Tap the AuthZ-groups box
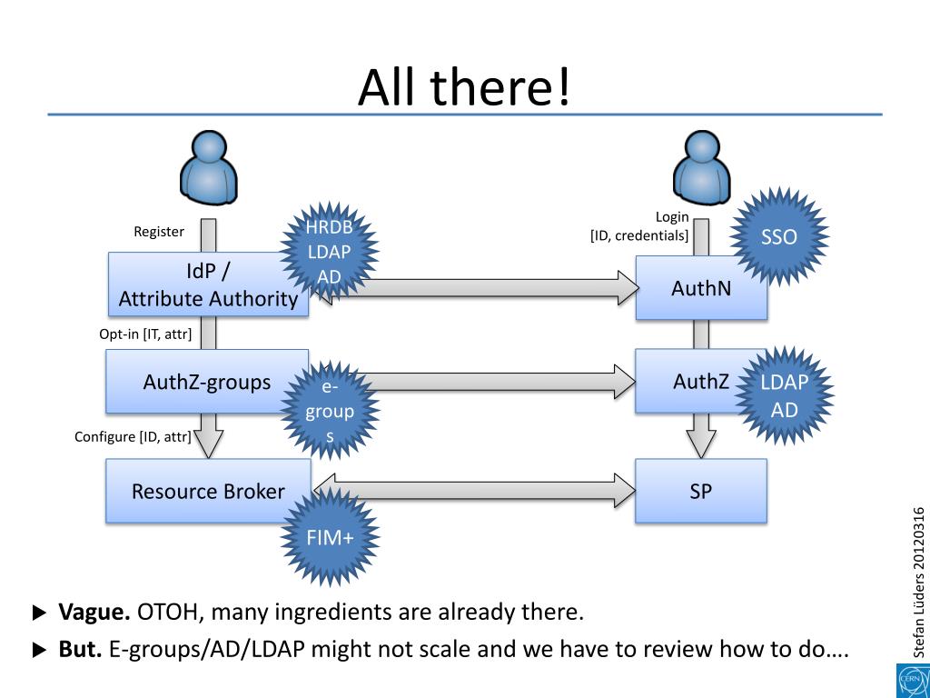coord(207,382)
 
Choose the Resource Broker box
coord(207,492)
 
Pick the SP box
coord(700,491)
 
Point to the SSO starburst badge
coord(778,237)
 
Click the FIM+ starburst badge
coord(331,538)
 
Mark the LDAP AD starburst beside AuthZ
coord(784,396)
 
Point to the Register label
coord(159,232)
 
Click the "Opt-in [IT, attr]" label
coord(145,334)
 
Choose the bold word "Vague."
coord(94,612)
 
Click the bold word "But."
coord(80,650)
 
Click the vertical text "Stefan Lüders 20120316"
coord(919,582)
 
